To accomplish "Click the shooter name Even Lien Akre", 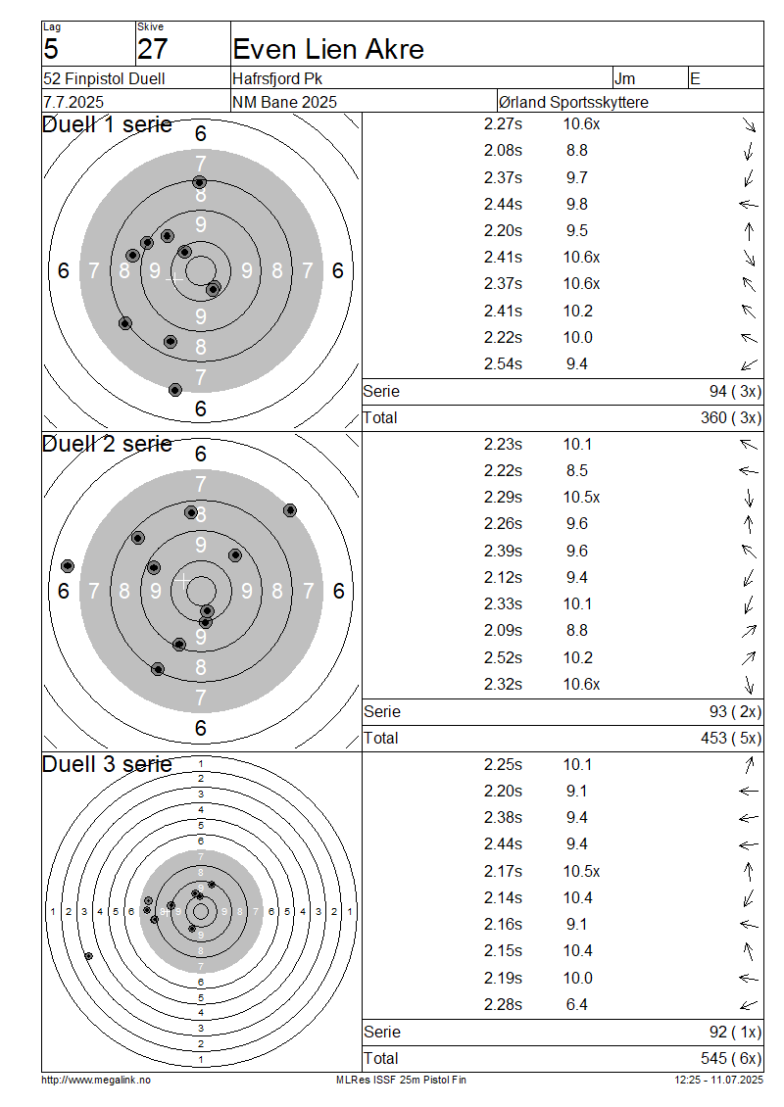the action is (327, 49).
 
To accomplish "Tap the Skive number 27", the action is (153, 49).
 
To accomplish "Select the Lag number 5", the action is (51, 49).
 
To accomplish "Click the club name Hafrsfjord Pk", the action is (277, 78).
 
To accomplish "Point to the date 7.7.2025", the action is (73, 102).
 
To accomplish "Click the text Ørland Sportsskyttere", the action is (573, 102).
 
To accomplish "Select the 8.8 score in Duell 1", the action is (576, 151).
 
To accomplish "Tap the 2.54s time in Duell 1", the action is (503, 363).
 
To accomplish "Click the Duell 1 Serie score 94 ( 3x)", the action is (735, 391).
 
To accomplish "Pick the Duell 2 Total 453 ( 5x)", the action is (731, 738).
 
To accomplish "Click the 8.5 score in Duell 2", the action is (576, 471).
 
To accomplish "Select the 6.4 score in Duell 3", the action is (576, 1005).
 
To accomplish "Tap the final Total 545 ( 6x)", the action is (731, 1058).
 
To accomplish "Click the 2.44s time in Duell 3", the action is (503, 844).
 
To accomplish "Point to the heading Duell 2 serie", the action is (108, 444).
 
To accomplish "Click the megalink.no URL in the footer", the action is (96, 1081).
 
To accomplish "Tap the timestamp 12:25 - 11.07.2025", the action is (719, 1081).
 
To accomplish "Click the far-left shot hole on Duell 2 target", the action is (67, 566).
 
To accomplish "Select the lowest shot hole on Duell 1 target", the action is (175, 390).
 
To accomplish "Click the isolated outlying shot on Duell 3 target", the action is (88, 956).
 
